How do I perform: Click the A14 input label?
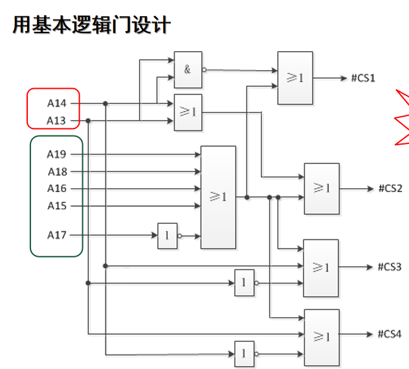[x=56, y=103]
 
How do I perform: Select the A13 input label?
[x=56, y=121]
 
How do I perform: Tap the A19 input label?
[x=56, y=154]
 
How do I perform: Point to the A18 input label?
[x=56, y=172]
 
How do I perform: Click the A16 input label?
[x=56, y=189]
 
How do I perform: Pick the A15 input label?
[x=56, y=206]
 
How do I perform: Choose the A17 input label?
[x=56, y=235]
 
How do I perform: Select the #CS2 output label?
[x=390, y=189]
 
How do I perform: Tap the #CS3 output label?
[x=390, y=267]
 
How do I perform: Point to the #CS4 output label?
[x=390, y=335]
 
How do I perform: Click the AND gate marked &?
[x=188, y=69]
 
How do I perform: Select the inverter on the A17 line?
[x=167, y=236]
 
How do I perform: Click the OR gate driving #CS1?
[x=295, y=78]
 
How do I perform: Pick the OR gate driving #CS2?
[x=322, y=189]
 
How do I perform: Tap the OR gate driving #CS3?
[x=321, y=268]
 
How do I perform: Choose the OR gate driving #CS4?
[x=321, y=337]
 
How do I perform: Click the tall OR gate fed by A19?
[x=218, y=197]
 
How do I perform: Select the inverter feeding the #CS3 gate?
[x=244, y=283]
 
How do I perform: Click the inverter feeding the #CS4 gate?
[x=244, y=354]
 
